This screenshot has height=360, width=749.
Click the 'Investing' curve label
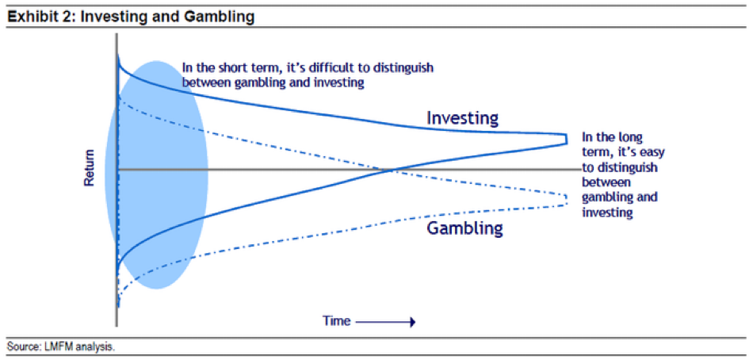pos(462,118)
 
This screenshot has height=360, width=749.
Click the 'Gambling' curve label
pos(465,229)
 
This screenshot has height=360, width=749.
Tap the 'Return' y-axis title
pos(90,168)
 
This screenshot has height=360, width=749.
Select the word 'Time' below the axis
pos(336,321)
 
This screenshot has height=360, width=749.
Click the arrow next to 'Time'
pos(387,322)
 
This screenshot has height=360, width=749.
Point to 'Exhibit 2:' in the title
pos(38,17)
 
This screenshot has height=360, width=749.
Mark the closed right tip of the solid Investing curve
pos(567,139)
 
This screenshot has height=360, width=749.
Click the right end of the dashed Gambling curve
pos(567,199)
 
